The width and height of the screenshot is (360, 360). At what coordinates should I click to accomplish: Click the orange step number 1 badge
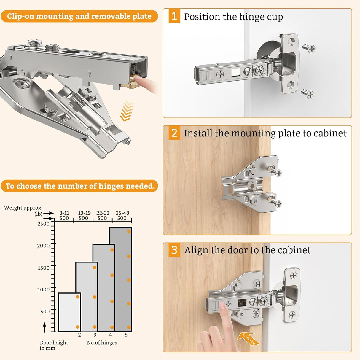pyautogui.click(x=174, y=16)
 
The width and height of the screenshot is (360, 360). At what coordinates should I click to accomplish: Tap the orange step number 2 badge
pyautogui.click(x=174, y=133)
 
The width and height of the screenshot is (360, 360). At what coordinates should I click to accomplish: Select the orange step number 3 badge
pyautogui.click(x=174, y=250)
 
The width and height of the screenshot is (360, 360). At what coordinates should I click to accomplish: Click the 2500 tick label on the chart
pyautogui.click(x=43, y=224)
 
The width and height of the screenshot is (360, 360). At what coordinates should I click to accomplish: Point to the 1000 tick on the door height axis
pyautogui.click(x=43, y=289)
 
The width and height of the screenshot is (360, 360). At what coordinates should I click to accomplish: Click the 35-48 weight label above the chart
pyautogui.click(x=122, y=213)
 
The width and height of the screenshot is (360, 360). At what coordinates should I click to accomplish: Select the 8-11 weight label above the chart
pyautogui.click(x=64, y=213)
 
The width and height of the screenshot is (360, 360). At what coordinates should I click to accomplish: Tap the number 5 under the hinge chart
pyautogui.click(x=126, y=335)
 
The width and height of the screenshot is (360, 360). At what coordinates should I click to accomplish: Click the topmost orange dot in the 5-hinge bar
pyautogui.click(x=129, y=232)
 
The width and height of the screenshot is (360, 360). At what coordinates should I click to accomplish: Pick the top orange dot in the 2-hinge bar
pyautogui.click(x=77, y=297)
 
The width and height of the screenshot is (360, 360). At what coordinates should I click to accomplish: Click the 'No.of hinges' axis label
pyautogui.click(x=102, y=343)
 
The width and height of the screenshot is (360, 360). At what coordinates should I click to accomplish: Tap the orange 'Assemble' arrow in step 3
pyautogui.click(x=248, y=338)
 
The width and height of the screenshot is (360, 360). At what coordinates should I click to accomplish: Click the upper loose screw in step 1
pyautogui.click(x=309, y=48)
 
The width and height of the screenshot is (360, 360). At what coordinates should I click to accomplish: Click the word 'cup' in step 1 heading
pyautogui.click(x=275, y=17)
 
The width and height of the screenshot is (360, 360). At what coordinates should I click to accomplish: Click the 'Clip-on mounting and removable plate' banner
pyautogui.click(x=79, y=16)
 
